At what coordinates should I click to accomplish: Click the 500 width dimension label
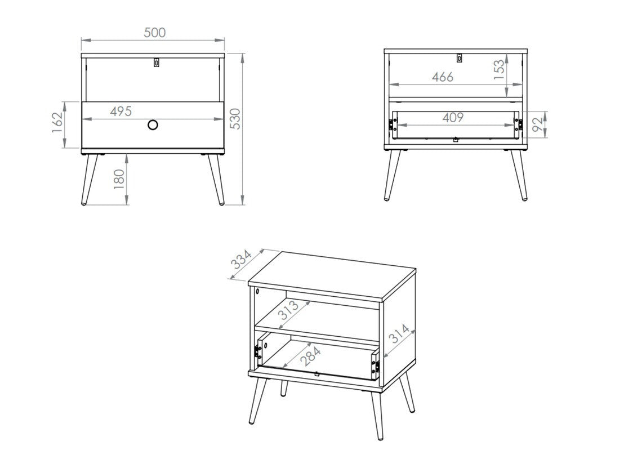pyautogui.click(x=154, y=33)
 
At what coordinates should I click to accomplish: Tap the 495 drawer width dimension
pyautogui.click(x=121, y=112)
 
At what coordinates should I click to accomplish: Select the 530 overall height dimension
pyautogui.click(x=236, y=119)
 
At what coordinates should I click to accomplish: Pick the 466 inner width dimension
pyautogui.click(x=442, y=77)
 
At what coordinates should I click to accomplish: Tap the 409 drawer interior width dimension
pyautogui.click(x=453, y=117)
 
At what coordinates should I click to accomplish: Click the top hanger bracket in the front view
pyautogui.click(x=157, y=63)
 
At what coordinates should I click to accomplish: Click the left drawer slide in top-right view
pyautogui.click(x=390, y=125)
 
